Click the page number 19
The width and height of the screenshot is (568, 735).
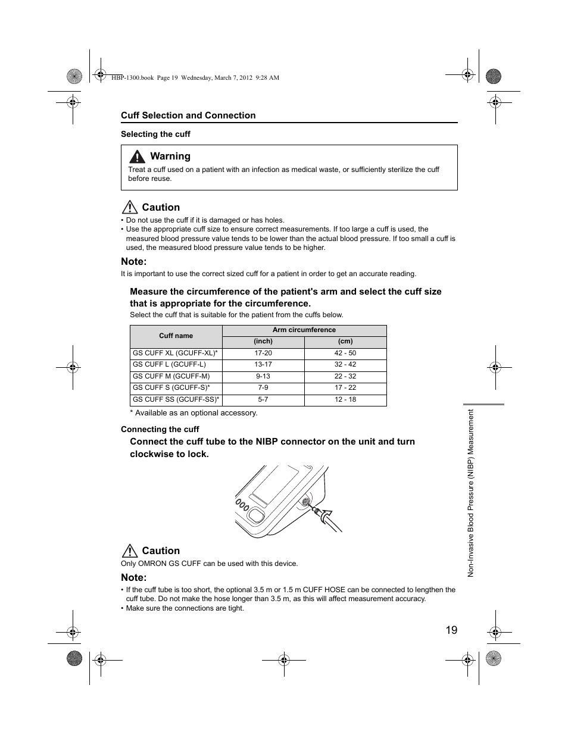point(451,630)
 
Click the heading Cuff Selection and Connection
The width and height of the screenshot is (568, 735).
point(188,115)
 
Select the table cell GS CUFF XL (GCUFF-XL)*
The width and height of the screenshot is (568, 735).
point(176,353)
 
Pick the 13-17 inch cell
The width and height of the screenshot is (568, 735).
point(263,364)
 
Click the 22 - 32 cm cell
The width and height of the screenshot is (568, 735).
point(345,376)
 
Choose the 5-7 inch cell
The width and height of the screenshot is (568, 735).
point(263,399)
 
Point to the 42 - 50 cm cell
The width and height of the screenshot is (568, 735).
point(345,353)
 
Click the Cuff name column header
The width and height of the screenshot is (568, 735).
point(176,336)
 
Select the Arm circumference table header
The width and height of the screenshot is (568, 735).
point(304,330)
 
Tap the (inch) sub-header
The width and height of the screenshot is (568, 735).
point(263,341)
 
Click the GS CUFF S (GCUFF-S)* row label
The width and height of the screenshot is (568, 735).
point(171,387)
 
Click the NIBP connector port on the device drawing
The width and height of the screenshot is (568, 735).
point(305,502)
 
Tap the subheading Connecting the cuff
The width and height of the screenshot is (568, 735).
point(160,429)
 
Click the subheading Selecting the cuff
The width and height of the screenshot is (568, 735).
point(155,134)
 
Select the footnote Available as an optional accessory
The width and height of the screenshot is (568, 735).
point(194,412)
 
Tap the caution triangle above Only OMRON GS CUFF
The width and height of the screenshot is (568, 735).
point(129,551)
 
